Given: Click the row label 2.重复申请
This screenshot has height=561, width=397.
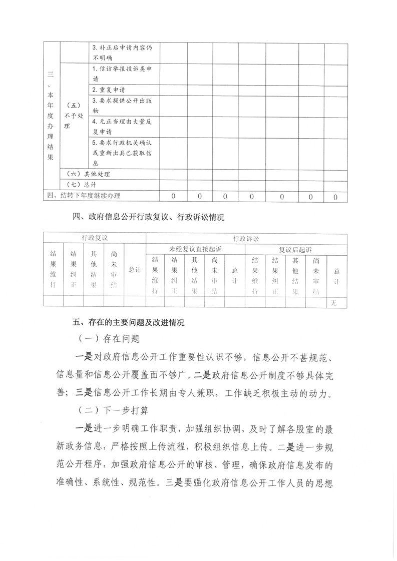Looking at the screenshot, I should coord(109,90).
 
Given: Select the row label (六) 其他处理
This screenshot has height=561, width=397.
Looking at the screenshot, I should coord(88,174).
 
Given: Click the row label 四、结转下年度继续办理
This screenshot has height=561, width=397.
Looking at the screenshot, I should coord(84,196).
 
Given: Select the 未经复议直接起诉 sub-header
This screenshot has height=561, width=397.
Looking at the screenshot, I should coord(195,249).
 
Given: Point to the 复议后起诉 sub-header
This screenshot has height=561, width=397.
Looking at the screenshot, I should coord(295,249).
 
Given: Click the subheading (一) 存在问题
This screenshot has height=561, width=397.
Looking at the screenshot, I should coord(109,339).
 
